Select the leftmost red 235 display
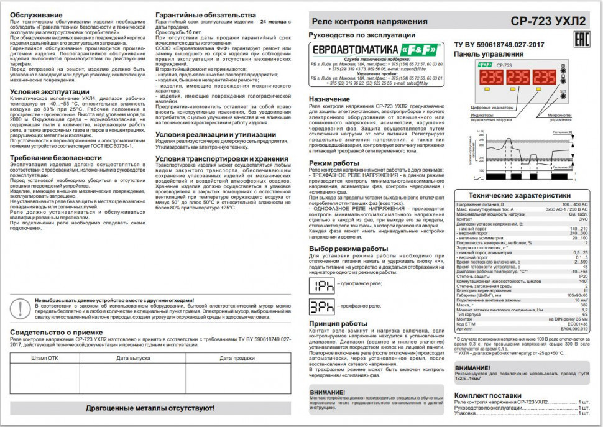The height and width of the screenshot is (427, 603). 492,77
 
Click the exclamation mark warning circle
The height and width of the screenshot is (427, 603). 23,308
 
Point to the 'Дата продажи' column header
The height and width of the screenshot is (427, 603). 237,359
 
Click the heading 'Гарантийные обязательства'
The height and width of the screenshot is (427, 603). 205,14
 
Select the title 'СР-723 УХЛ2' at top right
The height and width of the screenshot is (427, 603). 548,21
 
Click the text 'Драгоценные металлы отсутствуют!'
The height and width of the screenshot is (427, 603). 151,408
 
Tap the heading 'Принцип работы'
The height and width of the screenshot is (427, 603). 338,324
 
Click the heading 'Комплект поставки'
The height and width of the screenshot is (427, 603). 488,395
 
